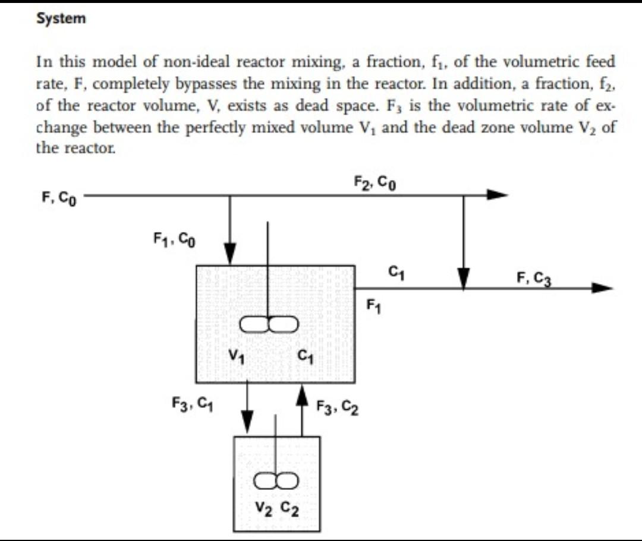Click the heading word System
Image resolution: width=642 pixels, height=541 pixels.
pos(61,18)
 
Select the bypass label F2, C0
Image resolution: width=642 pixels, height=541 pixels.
pos(375,182)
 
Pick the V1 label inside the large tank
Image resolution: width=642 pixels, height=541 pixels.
pos(236,358)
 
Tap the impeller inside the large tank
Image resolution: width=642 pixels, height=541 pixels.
pos(269,324)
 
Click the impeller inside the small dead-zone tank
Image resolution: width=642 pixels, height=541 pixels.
pos(275,479)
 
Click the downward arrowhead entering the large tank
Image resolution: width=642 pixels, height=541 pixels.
pos(229,252)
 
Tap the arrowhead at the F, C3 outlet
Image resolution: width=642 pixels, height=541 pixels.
pos(602,289)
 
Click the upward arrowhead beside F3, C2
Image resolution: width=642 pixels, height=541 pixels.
pos(302,393)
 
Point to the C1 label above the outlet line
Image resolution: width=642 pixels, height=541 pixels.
pos(394,273)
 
